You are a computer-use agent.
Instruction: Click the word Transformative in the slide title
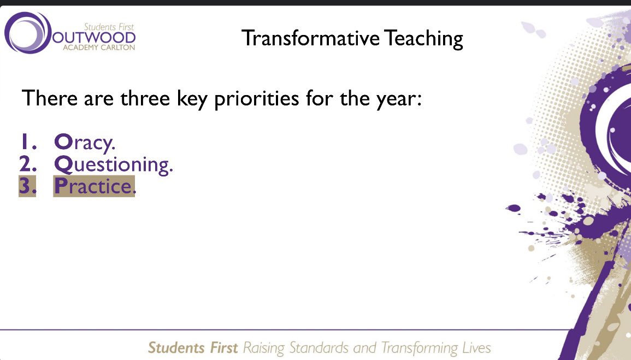click(311, 38)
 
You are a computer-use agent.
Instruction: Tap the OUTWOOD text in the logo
click(94, 38)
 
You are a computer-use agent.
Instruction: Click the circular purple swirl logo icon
click(27, 32)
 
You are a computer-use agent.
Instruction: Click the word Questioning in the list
click(114, 164)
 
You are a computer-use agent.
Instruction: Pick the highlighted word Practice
click(94, 186)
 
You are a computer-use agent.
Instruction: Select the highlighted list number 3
click(27, 186)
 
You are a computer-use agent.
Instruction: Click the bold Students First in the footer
click(193, 347)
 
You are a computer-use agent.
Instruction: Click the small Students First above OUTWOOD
click(109, 26)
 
